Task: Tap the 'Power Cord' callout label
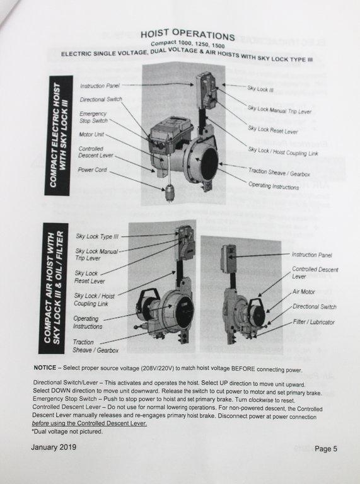[93, 170]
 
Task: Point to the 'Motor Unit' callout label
[93, 135]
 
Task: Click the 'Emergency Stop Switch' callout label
[93, 117]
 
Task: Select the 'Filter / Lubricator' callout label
[313, 322]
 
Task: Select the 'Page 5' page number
[326, 449]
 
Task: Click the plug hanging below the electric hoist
[170, 192]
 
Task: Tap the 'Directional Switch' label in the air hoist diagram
[314, 307]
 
